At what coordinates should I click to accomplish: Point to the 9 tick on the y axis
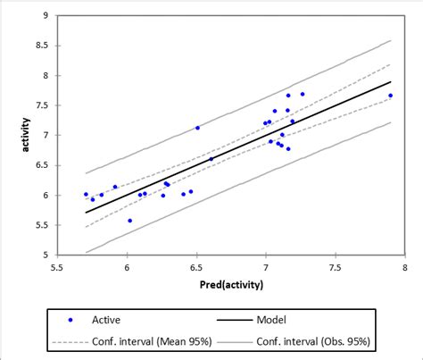click(46, 16)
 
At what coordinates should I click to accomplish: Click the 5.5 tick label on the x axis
click(57, 266)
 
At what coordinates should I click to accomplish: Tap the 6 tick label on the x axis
click(127, 266)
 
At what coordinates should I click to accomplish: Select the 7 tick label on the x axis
click(266, 266)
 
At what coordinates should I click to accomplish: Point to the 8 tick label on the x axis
click(404, 266)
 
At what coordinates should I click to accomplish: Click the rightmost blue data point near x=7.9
click(390, 96)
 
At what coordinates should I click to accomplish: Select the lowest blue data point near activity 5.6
click(130, 221)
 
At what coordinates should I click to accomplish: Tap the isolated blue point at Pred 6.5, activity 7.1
click(197, 128)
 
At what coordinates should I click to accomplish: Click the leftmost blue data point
click(87, 194)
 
